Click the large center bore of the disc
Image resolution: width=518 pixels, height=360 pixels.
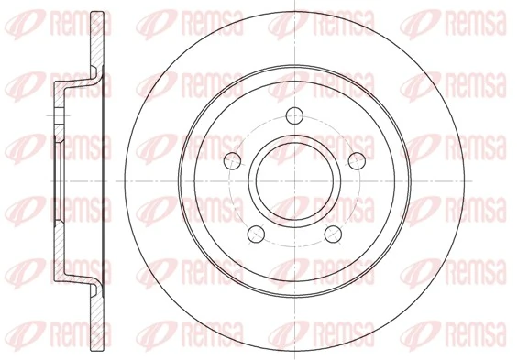(x=295, y=180)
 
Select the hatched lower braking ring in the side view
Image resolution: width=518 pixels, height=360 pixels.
(x=99, y=307)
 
